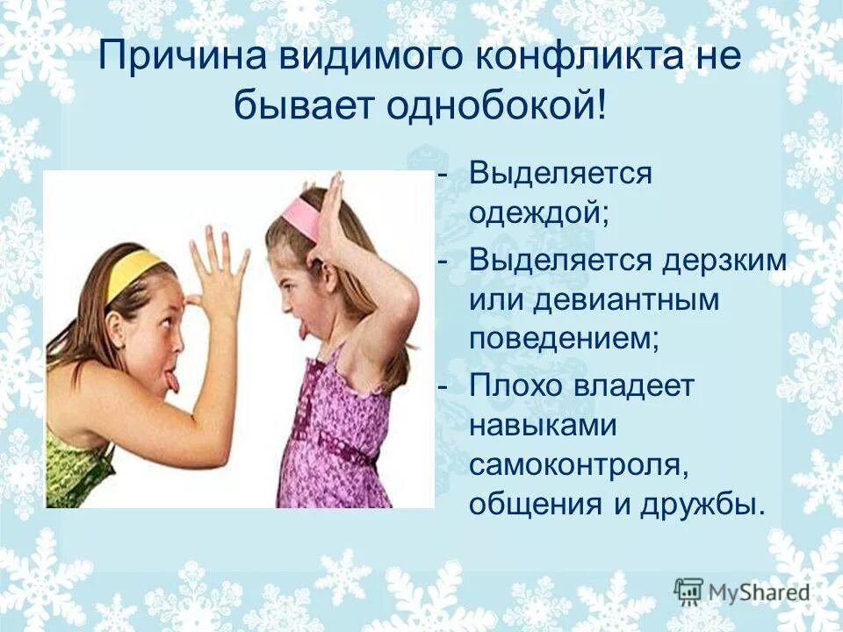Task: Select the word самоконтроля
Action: pos(578,466)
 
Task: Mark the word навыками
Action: pos(542,427)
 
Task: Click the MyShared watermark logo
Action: pos(741,592)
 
